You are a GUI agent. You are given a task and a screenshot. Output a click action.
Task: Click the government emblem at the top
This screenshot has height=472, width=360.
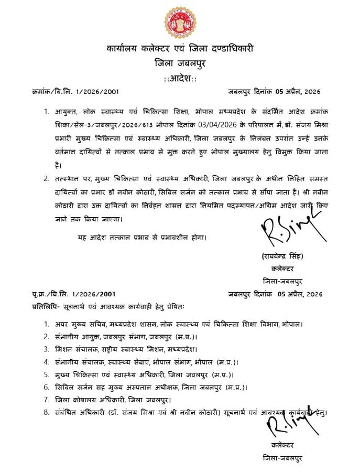(x=180, y=23)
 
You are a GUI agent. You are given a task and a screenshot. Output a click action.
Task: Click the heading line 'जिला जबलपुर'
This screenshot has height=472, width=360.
(x=180, y=63)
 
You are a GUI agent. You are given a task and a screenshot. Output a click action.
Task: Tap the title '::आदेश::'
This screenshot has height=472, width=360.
(x=180, y=78)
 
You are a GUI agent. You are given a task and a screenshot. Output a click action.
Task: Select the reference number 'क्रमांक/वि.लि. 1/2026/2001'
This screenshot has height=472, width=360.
(x=76, y=92)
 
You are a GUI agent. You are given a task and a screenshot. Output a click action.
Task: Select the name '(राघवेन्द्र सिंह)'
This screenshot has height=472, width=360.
(x=282, y=256)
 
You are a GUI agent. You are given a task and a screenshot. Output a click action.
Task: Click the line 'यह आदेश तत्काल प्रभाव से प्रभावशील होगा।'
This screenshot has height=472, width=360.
(x=142, y=237)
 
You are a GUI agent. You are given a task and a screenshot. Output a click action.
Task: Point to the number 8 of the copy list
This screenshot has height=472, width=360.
(x=46, y=412)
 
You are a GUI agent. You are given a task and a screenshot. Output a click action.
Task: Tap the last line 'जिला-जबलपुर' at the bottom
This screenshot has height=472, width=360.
(x=282, y=458)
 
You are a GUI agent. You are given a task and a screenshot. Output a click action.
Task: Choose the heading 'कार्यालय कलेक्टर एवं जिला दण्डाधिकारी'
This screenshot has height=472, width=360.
(x=180, y=49)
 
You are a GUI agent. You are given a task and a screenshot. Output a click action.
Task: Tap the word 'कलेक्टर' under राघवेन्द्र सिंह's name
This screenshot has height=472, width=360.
(x=282, y=268)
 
